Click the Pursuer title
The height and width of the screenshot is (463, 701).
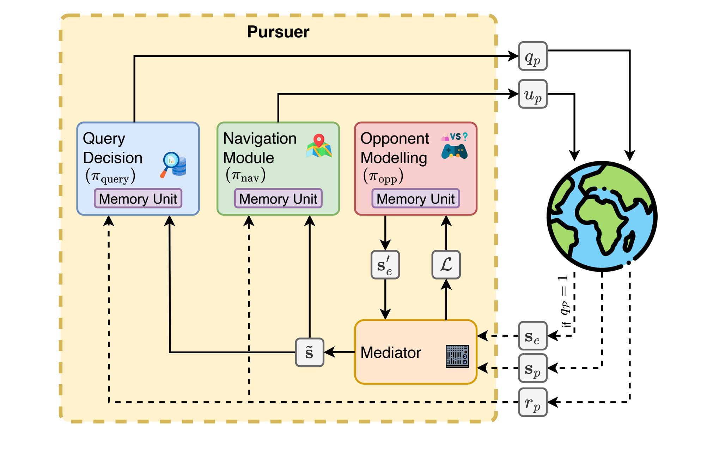tap(278, 32)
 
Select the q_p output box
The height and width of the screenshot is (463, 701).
tap(532, 56)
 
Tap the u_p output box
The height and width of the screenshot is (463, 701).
tap(532, 94)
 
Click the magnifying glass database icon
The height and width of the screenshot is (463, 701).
tap(174, 164)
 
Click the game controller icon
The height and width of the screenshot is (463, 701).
tap(454, 151)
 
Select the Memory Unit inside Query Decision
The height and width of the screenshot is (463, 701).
tap(138, 199)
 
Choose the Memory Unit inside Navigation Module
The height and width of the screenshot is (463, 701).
tap(278, 199)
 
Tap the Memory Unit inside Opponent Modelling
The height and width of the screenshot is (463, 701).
tap(415, 199)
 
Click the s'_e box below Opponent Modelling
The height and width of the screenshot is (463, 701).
tap(385, 265)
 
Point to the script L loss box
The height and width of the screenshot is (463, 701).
tap(446, 265)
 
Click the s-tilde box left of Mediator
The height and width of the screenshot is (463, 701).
tap(309, 353)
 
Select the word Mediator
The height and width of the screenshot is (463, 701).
tap(391, 353)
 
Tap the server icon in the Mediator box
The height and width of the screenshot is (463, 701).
tap(457, 356)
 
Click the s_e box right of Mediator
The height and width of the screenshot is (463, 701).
tap(532, 336)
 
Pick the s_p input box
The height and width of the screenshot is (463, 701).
tap(532, 368)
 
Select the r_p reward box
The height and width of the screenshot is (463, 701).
tap(532, 402)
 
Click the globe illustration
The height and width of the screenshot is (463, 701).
tap(602, 216)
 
